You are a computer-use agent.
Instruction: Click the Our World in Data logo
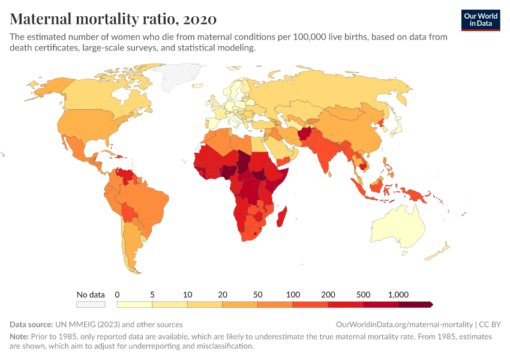point(480,19)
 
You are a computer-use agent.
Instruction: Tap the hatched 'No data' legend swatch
point(91,305)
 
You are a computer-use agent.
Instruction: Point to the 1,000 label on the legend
point(398,295)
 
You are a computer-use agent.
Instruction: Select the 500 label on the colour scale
point(363,295)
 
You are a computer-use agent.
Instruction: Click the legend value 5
point(152,295)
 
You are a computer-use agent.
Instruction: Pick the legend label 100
point(293,295)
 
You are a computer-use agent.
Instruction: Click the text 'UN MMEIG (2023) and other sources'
point(119,324)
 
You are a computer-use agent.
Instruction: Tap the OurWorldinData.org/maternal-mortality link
point(406,324)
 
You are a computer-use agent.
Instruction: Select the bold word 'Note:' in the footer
point(20,337)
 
